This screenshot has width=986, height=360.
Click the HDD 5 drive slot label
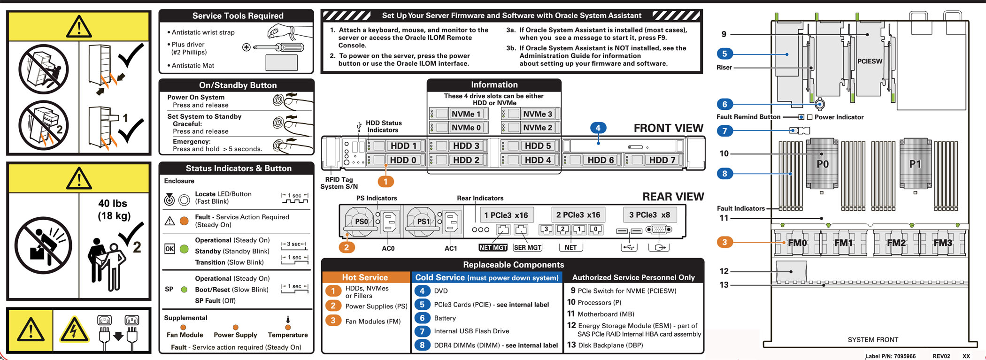[538, 146]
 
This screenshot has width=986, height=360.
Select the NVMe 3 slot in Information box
[538, 114]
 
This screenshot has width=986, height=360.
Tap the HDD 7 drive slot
[662, 160]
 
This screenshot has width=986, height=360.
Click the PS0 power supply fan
[361, 221]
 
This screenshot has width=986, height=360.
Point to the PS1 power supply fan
[423, 221]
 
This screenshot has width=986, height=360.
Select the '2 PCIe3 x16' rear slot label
[578, 215]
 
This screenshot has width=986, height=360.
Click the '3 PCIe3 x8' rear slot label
[649, 215]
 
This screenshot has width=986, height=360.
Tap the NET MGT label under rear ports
[493, 247]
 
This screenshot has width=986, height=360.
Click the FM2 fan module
[896, 243]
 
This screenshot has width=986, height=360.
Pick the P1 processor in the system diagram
[915, 164]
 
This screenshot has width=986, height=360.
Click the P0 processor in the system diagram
[823, 164]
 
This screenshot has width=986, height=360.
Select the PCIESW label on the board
[870, 61]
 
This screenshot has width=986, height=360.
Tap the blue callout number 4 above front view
[598, 128]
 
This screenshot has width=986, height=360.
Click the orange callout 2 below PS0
[347, 247]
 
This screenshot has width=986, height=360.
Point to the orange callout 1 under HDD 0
[385, 182]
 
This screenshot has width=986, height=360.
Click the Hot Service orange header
[365, 277]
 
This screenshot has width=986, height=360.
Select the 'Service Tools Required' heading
[238, 15]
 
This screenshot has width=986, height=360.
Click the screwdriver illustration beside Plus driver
[277, 47]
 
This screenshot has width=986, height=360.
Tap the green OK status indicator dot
[185, 249]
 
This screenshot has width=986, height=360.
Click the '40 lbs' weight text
[113, 203]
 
